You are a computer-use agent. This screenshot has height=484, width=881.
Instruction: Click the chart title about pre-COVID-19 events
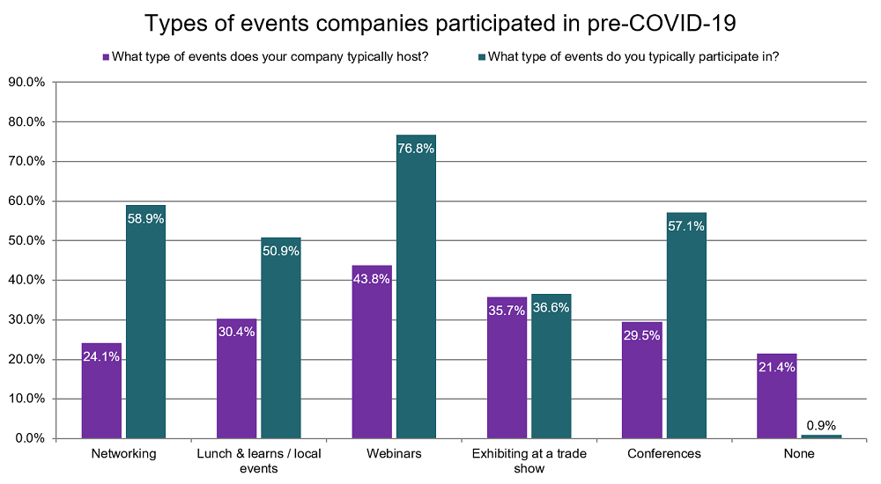[440, 23]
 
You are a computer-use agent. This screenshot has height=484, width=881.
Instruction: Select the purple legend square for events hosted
[106, 57]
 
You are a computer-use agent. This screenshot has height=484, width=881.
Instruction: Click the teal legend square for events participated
[480, 57]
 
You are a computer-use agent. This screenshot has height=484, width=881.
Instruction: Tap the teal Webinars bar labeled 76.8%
[416, 290]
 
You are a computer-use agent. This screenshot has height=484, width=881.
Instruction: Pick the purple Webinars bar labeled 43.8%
[371, 352]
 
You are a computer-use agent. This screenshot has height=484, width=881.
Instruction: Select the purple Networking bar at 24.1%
[101, 392]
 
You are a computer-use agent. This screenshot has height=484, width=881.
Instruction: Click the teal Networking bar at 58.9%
[145, 326]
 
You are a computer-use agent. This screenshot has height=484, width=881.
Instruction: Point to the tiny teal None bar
[821, 436]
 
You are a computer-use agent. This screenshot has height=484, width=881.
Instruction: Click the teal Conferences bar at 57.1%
[686, 330]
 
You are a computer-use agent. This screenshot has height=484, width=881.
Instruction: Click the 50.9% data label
[281, 251]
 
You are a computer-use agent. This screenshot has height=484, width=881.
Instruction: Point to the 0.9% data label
[821, 425]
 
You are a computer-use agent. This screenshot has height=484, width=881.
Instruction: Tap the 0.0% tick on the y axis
[30, 438]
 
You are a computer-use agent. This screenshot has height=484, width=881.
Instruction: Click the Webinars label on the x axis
[393, 454]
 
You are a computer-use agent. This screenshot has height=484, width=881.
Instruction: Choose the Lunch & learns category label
[258, 460]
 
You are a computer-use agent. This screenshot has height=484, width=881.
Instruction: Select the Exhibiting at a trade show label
[529, 460]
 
